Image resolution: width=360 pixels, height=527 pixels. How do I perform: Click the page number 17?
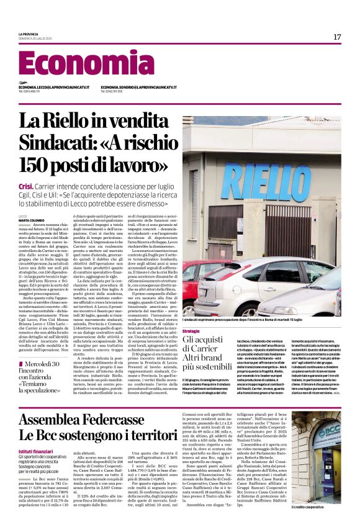tap(337, 37)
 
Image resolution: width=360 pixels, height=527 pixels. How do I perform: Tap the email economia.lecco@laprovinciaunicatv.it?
tap(54, 88)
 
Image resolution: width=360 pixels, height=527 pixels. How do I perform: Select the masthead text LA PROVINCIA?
tap(29, 34)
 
